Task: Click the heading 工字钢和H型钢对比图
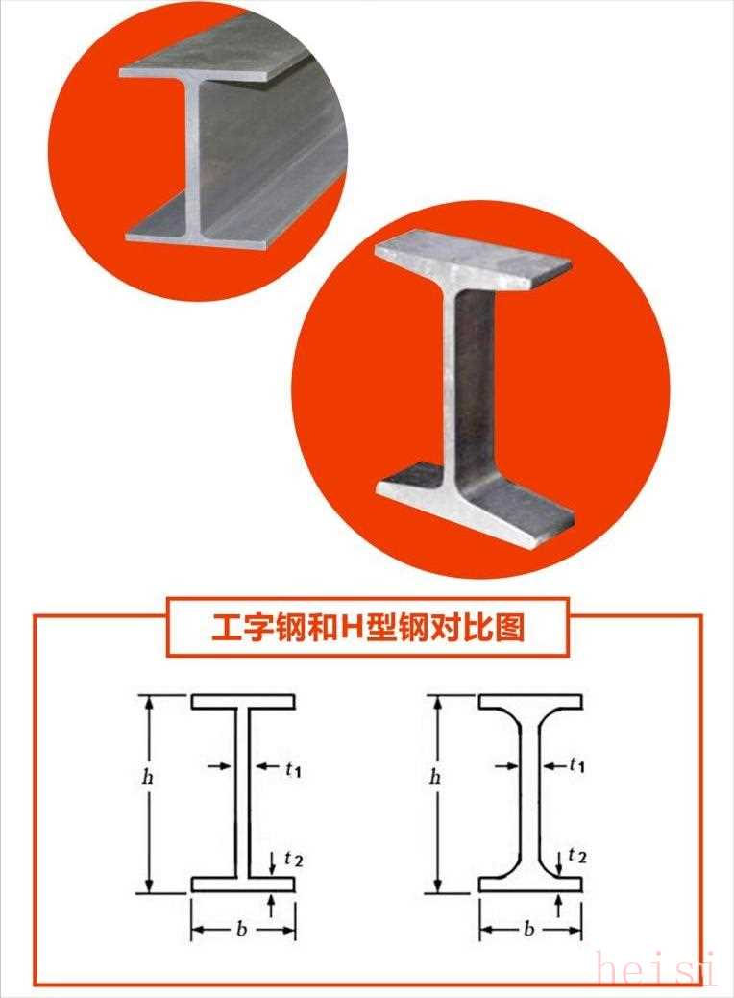368,628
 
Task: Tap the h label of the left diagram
148,777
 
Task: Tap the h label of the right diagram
435,777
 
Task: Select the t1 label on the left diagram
292,769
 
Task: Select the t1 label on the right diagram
576,765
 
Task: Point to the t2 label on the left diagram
293,860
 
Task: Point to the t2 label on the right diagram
577,856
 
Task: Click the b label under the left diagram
241,929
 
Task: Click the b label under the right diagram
528,929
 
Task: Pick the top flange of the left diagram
244,702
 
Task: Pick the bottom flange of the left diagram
244,885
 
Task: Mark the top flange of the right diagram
530,703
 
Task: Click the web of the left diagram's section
244,793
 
